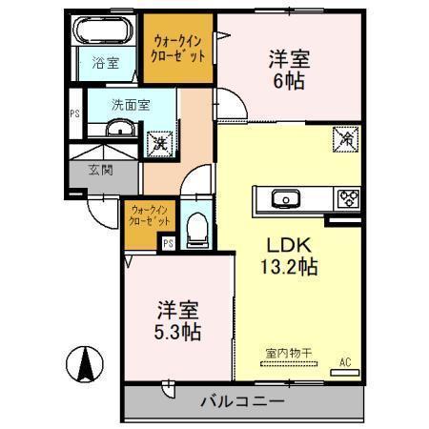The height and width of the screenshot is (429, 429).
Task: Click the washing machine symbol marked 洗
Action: (158, 142)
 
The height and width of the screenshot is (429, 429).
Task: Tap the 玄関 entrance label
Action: (101, 171)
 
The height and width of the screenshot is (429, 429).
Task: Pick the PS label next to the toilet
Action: (168, 243)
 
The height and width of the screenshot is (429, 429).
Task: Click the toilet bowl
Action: (198, 229)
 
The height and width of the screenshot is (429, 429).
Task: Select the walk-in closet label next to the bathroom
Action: (179, 49)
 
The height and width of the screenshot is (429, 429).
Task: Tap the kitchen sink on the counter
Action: (284, 199)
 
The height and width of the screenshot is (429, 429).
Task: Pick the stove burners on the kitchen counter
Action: (346, 198)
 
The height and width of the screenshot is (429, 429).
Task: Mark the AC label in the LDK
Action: (345, 361)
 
